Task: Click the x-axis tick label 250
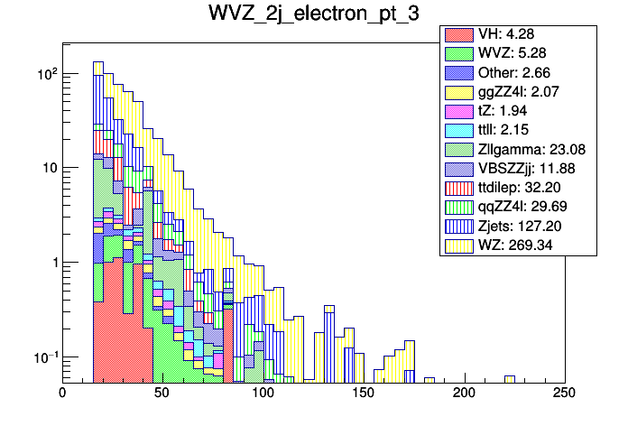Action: [563, 394]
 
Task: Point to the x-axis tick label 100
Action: [263, 394]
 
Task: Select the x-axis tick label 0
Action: [62, 394]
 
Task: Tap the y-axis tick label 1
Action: [51, 263]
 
